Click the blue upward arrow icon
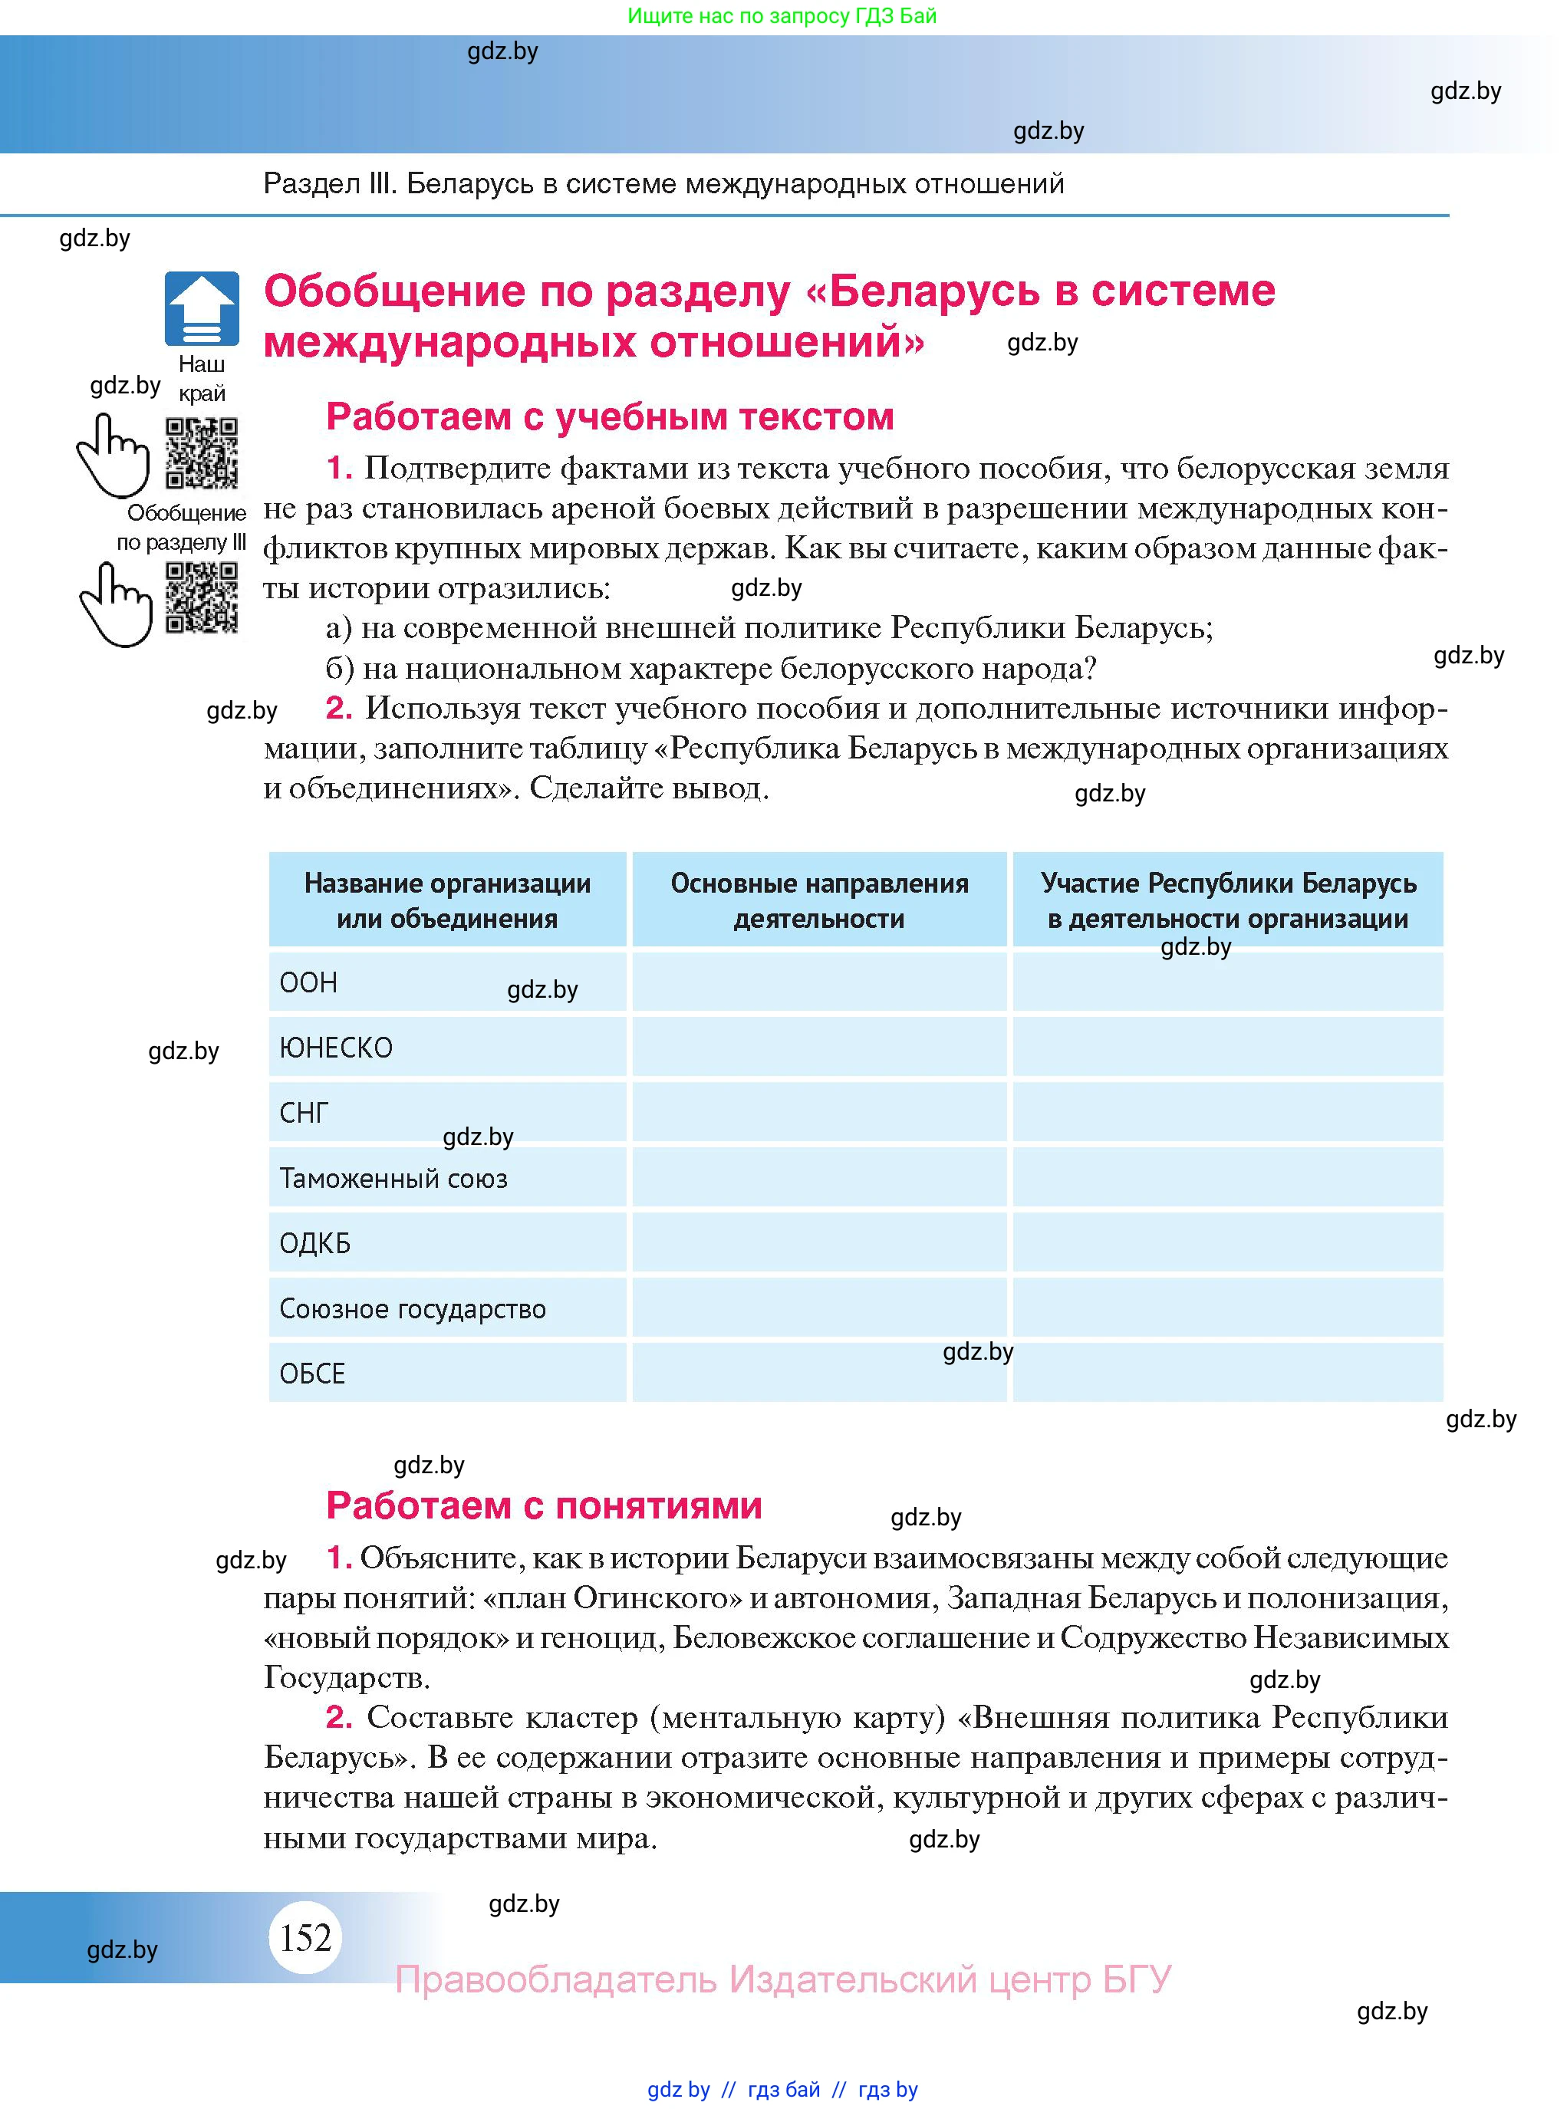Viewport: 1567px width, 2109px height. [x=201, y=308]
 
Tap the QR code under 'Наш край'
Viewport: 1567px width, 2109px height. [x=201, y=452]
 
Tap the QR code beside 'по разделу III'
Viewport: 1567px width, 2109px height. [x=201, y=597]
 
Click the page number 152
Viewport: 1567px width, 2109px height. [x=305, y=1936]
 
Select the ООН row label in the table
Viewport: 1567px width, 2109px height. [x=308, y=982]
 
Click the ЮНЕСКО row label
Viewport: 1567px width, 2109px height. [x=336, y=1048]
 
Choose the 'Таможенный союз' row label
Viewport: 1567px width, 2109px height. [x=393, y=1179]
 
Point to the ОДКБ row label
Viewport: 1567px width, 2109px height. [x=315, y=1243]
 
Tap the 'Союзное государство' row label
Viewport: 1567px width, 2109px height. [x=413, y=1308]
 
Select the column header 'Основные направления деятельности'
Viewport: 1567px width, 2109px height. [x=818, y=900]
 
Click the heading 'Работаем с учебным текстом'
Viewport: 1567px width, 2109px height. [x=609, y=416]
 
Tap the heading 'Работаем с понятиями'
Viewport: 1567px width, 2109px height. [x=544, y=1505]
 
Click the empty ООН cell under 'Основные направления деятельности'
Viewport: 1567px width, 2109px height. [x=818, y=982]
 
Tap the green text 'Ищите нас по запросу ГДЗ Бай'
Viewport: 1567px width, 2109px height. [x=782, y=16]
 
